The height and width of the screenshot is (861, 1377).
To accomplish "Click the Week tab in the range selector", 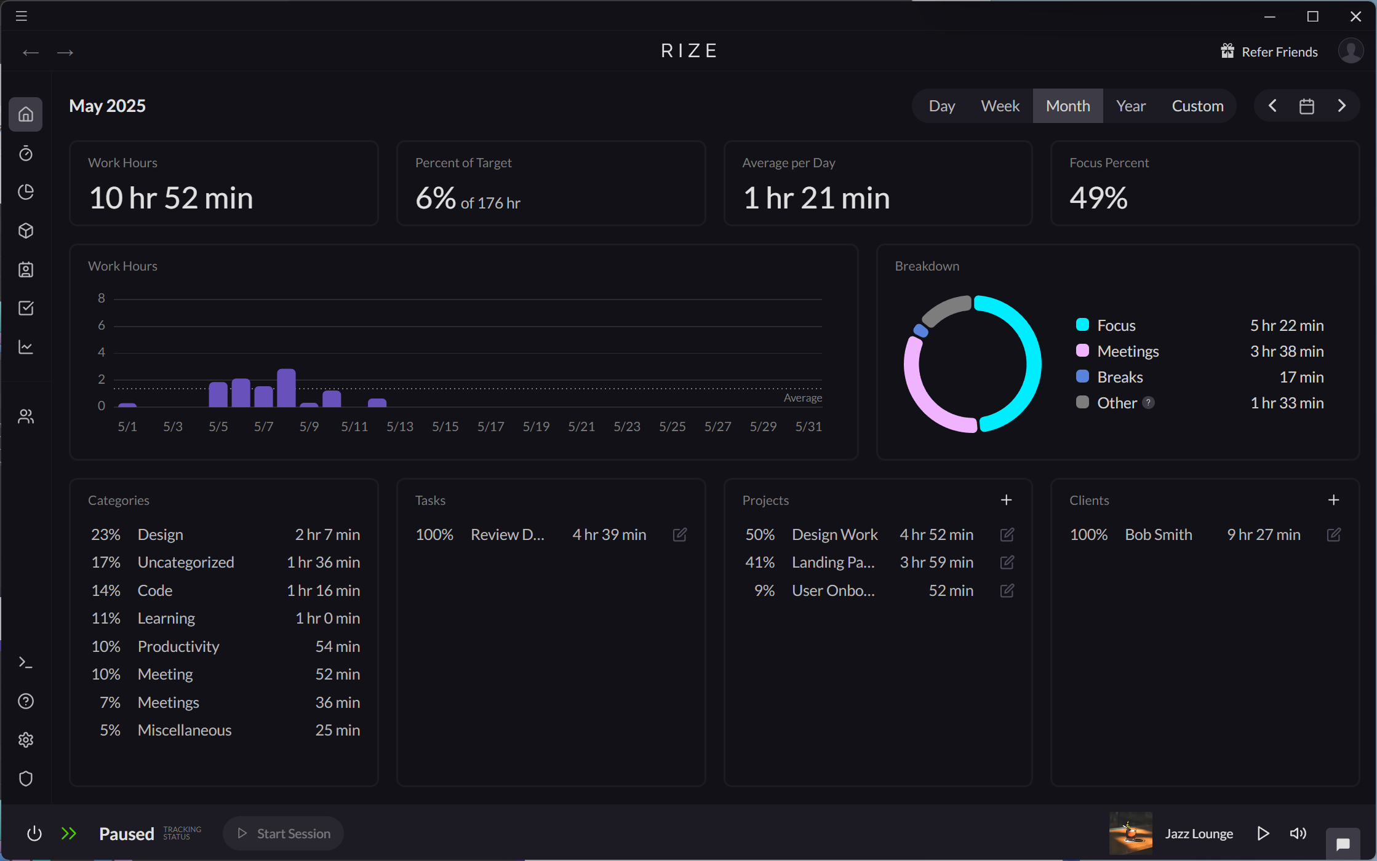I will click(x=1000, y=106).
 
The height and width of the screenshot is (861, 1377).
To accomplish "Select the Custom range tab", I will click(x=1197, y=106).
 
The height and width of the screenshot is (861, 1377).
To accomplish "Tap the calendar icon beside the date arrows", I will click(x=1306, y=106).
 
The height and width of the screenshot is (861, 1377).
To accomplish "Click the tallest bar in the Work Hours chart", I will click(x=286, y=387).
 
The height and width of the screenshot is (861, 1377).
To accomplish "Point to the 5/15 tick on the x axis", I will click(x=445, y=426).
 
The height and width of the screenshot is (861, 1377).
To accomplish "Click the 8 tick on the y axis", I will click(x=102, y=298).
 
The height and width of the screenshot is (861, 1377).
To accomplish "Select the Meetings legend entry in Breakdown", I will click(x=1127, y=351).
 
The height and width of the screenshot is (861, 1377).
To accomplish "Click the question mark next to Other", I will click(x=1148, y=403).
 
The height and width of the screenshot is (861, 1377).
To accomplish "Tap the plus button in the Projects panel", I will click(x=1006, y=500).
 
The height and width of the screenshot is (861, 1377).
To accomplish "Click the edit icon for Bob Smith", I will click(x=1333, y=534).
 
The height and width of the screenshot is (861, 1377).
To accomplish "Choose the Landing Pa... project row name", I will click(x=832, y=562).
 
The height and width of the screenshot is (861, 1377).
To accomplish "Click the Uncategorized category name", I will click(x=186, y=562).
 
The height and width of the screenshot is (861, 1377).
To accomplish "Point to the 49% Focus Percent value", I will click(x=1098, y=198).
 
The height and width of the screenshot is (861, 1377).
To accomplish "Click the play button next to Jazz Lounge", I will click(x=1263, y=833).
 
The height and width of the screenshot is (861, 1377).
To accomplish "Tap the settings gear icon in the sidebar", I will click(x=26, y=740).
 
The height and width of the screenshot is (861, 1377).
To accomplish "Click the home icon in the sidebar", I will click(x=26, y=114).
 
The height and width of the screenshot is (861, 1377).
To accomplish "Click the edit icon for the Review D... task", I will click(x=679, y=534).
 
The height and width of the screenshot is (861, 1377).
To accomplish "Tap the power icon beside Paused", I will click(x=34, y=833).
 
